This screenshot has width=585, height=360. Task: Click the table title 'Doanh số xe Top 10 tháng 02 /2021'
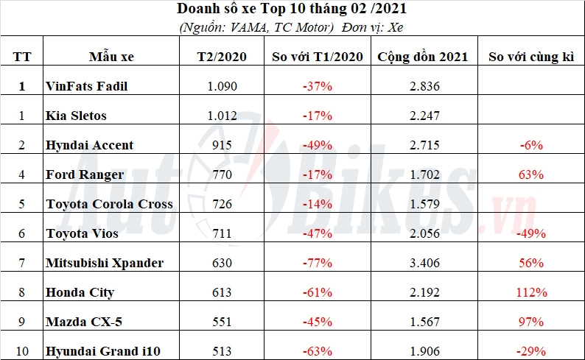click(x=291, y=9)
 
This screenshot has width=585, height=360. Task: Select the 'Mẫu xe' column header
click(x=111, y=57)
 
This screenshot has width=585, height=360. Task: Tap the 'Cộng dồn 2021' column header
click(x=422, y=57)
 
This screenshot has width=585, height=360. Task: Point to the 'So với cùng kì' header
click(x=531, y=57)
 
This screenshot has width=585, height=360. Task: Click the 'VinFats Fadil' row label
click(x=86, y=86)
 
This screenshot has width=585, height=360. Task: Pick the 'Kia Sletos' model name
click(x=76, y=116)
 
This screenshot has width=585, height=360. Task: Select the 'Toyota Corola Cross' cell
click(x=109, y=204)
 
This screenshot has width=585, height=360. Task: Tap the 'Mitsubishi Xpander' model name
click(x=105, y=263)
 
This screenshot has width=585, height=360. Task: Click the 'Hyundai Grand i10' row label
click(x=103, y=351)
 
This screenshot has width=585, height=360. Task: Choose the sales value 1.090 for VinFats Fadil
click(x=222, y=86)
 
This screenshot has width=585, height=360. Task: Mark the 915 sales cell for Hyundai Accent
click(x=222, y=145)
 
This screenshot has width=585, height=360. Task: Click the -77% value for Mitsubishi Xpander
click(x=317, y=263)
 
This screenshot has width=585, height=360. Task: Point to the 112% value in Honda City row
click(x=531, y=292)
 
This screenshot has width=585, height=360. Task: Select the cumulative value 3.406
click(x=424, y=263)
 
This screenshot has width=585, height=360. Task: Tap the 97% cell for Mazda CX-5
click(x=531, y=322)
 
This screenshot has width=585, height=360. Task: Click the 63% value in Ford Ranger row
click(x=531, y=174)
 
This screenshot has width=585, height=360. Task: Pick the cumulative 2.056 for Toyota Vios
click(x=424, y=233)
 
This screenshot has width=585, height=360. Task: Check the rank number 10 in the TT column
click(x=22, y=351)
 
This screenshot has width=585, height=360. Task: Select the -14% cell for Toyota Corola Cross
click(x=317, y=204)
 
